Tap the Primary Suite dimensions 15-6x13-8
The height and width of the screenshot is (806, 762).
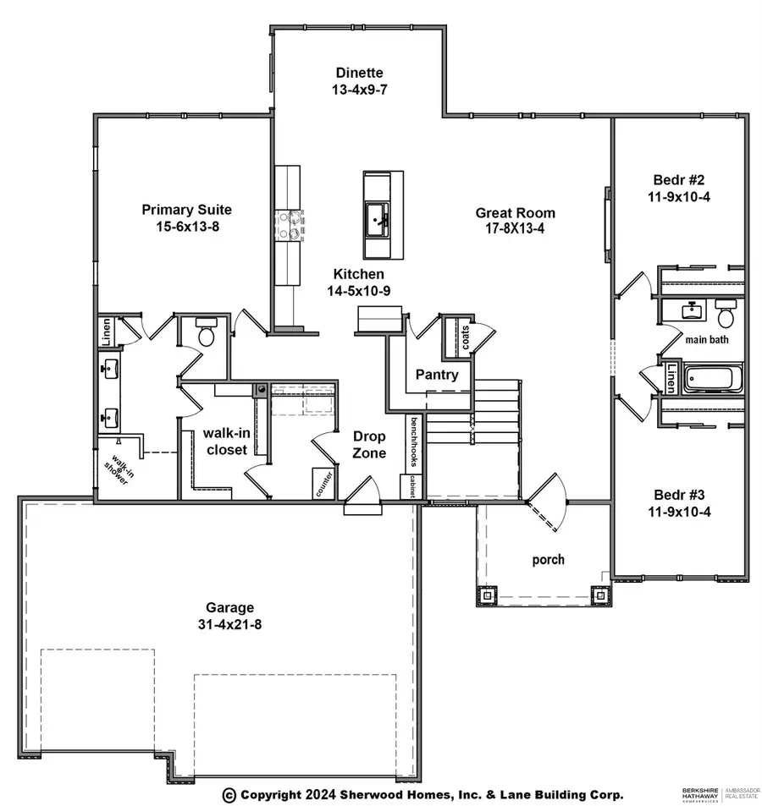(x=186, y=226)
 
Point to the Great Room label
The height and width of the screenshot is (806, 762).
(x=515, y=213)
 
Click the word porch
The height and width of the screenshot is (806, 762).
(x=548, y=560)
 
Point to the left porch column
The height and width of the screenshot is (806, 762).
(x=488, y=595)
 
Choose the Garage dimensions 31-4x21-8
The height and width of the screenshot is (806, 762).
(x=229, y=624)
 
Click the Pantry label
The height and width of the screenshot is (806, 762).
(x=437, y=375)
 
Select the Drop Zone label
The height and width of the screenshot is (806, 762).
(x=369, y=445)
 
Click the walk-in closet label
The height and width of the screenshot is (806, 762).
(x=224, y=441)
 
